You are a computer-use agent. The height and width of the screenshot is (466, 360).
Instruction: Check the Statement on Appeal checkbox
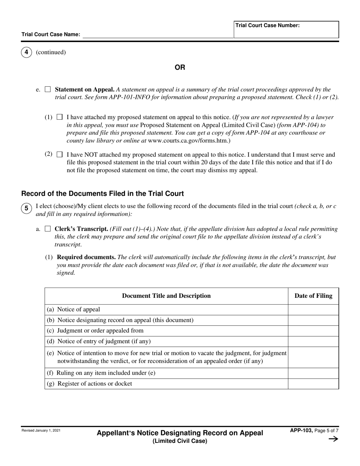tap(48, 90)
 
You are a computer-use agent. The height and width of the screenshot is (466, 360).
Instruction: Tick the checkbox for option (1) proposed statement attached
tap(59, 117)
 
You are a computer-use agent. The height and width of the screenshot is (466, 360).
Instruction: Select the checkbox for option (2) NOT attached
tap(59, 155)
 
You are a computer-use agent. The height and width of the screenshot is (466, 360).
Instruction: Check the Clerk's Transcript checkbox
tap(48, 229)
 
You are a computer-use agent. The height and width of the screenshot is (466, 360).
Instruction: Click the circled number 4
tap(26, 52)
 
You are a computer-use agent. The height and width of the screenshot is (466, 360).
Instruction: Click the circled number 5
tap(26, 208)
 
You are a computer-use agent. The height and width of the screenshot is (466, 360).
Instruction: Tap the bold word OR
tap(180, 67)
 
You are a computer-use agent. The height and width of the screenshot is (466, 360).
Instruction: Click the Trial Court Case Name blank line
tap(158, 34)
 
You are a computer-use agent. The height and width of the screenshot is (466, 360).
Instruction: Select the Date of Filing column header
tap(313, 296)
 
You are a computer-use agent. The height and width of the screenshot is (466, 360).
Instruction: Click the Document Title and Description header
tap(166, 296)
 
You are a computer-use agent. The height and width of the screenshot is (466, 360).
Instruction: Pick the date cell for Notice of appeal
tap(313, 310)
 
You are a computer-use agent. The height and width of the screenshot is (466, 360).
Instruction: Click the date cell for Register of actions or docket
tap(313, 384)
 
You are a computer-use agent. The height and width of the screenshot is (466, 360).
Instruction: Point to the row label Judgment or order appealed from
tap(100, 331)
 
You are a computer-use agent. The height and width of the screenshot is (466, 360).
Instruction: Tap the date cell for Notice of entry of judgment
tap(313, 341)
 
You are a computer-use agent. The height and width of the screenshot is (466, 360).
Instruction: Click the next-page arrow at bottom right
tap(333, 439)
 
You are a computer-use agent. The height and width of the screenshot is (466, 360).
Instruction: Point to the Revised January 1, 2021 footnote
tap(41, 430)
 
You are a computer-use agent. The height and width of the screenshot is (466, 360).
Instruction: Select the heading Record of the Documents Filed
tap(103, 194)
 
